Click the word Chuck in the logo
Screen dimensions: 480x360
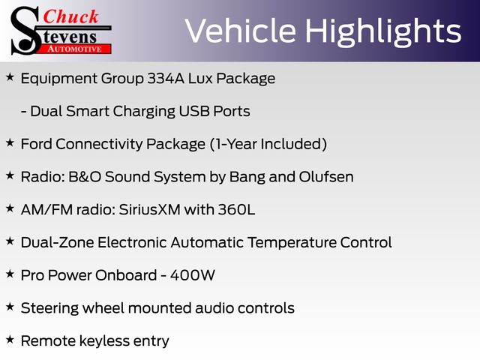click(x=70, y=16)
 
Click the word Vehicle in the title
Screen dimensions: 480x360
click(x=241, y=31)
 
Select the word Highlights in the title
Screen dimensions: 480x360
click(x=383, y=31)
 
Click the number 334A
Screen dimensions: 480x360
click(x=166, y=78)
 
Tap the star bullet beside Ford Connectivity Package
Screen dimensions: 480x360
click(x=10, y=142)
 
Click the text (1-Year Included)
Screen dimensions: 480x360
click(x=268, y=144)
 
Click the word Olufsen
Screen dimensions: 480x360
click(x=326, y=177)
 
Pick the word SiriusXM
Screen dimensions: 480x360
click(x=149, y=209)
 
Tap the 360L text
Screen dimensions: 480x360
click(x=236, y=209)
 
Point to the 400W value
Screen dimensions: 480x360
click(x=193, y=275)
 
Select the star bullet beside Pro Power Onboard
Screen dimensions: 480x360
click(x=10, y=274)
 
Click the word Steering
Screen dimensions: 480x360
click(x=49, y=308)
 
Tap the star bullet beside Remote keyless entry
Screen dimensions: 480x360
click(x=10, y=339)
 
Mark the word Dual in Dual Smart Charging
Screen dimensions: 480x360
click(x=46, y=111)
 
